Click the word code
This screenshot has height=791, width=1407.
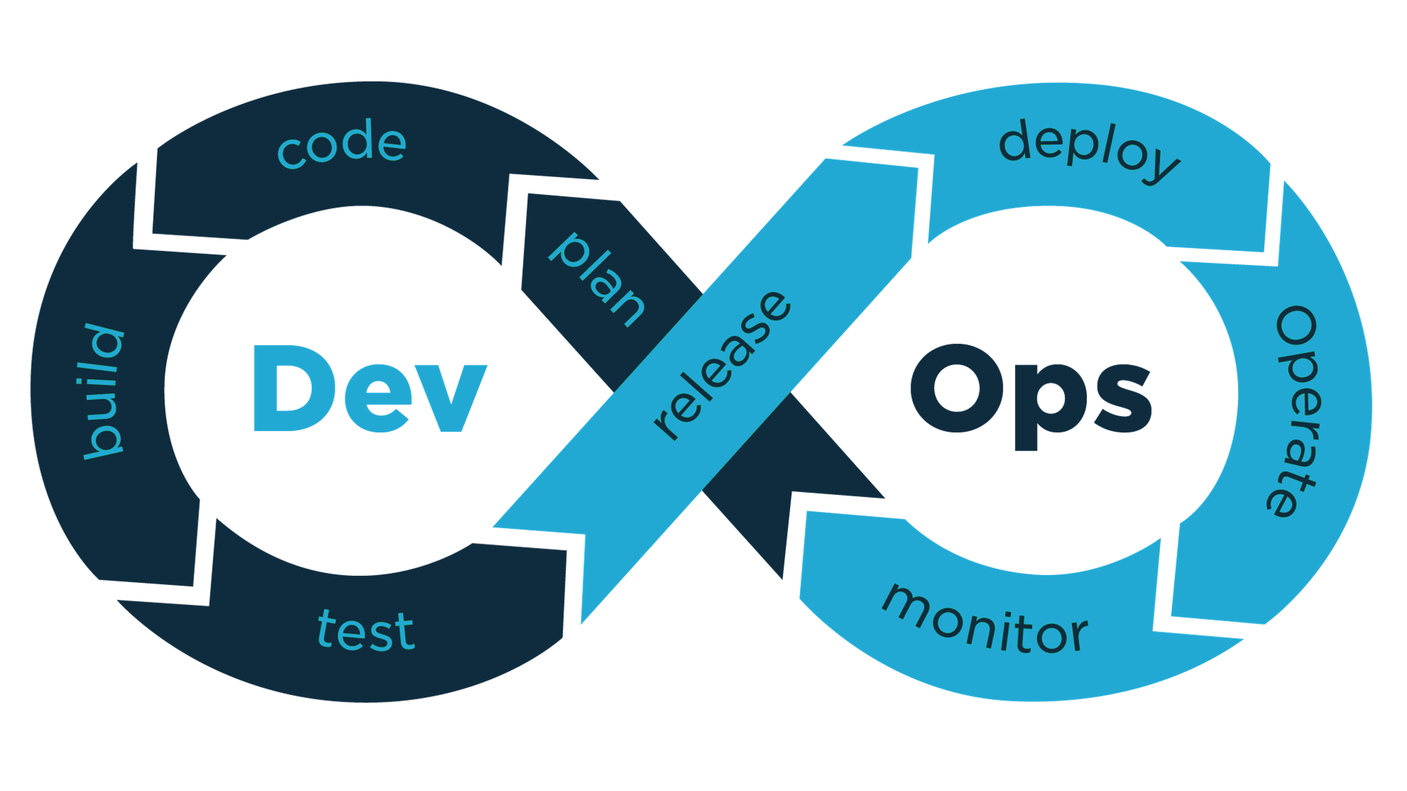pos(343,144)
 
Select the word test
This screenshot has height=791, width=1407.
pos(366,630)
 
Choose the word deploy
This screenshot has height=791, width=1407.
pos(1089,149)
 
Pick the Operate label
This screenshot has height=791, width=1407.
pos(1297,411)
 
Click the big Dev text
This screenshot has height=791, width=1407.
pos(370,389)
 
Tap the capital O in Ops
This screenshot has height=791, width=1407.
pos(957,388)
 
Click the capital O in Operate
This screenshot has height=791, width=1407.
pos(1297,326)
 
